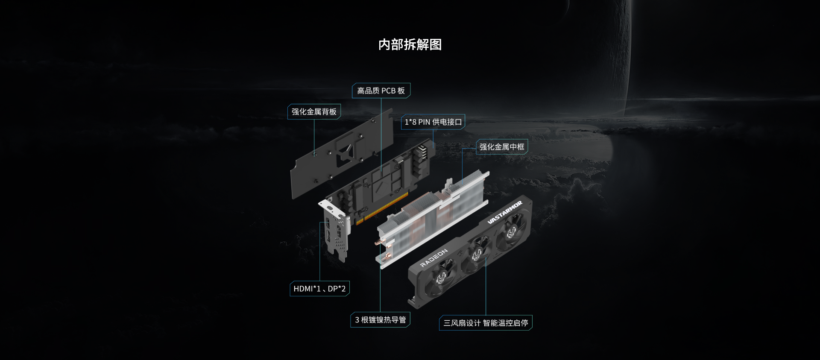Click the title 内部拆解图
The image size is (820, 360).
[x=410, y=44]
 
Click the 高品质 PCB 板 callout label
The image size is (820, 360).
[x=381, y=91]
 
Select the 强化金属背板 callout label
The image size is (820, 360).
[x=314, y=111]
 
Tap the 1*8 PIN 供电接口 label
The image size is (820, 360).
[x=433, y=122]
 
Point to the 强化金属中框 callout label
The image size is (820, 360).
[x=502, y=146]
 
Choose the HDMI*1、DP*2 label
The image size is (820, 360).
[x=319, y=289]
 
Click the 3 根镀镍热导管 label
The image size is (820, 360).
[x=380, y=320]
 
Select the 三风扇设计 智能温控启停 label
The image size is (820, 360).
[x=486, y=323]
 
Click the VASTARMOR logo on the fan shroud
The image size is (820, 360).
[x=505, y=212]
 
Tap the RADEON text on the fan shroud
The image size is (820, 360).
[x=434, y=258]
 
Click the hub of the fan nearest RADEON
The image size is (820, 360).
[x=441, y=278]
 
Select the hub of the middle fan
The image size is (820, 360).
[x=477, y=255]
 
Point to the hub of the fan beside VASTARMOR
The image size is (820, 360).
[x=511, y=233]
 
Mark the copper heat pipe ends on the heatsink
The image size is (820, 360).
[x=382, y=249]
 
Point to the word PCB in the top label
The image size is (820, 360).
[x=388, y=91]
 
